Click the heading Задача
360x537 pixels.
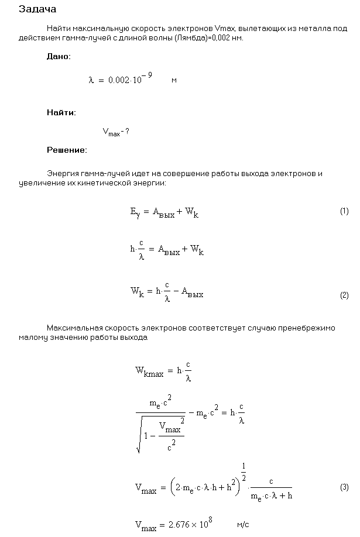coord(37,9)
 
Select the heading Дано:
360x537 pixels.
coord(58,57)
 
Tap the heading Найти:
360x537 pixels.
coord(61,112)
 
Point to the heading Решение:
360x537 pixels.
coord(66,150)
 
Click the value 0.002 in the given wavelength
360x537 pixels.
coord(119,81)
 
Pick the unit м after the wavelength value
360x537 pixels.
coord(174,80)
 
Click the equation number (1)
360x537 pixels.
coord(344,211)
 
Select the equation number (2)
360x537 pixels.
coord(344,295)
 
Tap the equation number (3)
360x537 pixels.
coord(344,487)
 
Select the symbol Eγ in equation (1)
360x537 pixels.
coord(135,213)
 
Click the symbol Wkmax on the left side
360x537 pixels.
coord(149,371)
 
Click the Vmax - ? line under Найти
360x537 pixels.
coord(116,132)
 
